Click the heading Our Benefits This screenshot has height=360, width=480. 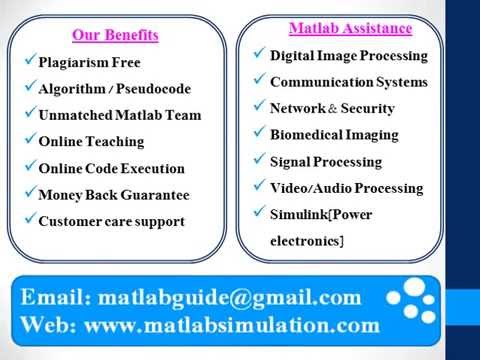click(115, 35)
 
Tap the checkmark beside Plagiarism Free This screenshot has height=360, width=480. click(30, 61)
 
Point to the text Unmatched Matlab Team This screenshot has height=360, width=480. click(119, 115)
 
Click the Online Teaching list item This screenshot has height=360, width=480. click(90, 142)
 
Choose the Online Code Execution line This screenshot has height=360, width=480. click(110, 168)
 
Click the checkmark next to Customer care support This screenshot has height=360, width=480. click(30, 220)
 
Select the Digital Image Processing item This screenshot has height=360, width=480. click(348, 55)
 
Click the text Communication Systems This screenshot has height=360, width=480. click(348, 82)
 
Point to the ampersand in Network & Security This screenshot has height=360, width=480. click(331, 109)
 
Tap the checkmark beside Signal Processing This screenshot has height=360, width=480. click(260, 160)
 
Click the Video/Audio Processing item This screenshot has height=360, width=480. click(346, 188)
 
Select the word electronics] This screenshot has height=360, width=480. click(307, 241)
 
